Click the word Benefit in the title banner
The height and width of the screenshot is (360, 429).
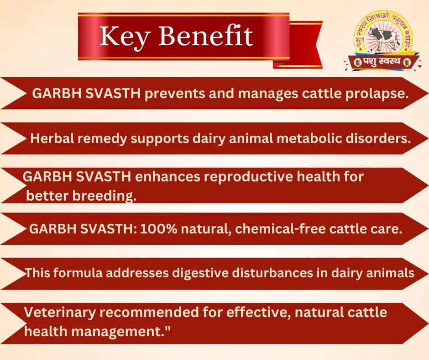pyautogui.click(x=205, y=37)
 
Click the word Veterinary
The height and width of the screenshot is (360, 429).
pyautogui.click(x=59, y=312)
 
